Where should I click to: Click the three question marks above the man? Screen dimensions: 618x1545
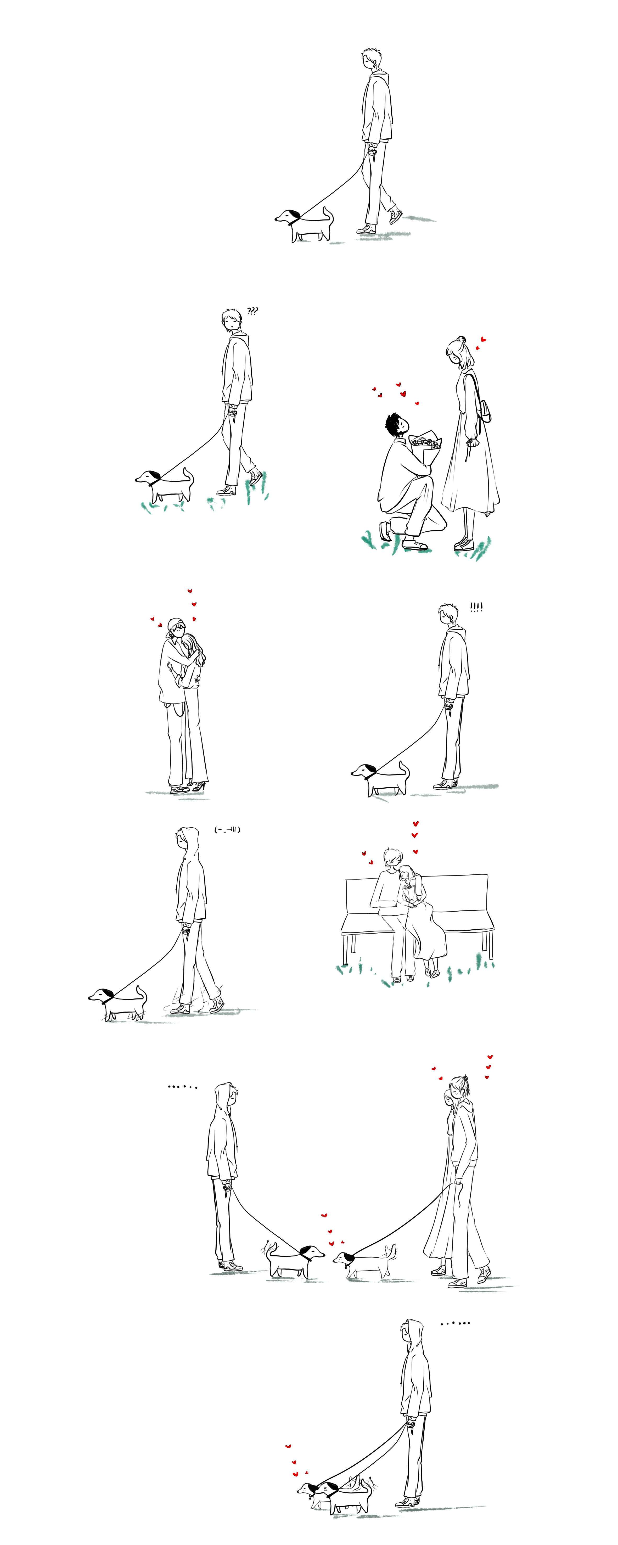click(252, 311)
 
